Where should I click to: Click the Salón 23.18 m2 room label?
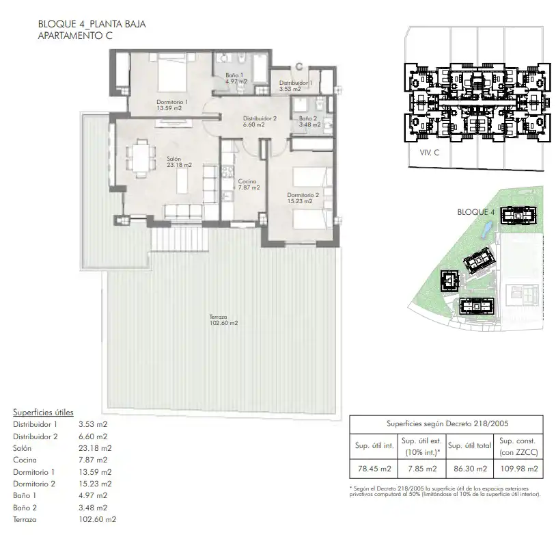pos(180,161)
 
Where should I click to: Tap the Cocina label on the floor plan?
pos(247,181)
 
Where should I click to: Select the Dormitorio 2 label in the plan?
pos(303,195)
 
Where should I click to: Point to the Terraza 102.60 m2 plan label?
pos(223,319)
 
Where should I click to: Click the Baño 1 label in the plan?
pos(234,75)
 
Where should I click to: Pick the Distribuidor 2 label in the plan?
pos(260,118)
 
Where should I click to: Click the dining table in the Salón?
pos(141,159)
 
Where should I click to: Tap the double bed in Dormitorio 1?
pos(172,73)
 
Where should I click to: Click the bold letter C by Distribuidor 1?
pos(299,66)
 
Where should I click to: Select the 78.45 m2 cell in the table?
pos(374,469)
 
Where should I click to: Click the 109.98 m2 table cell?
pos(518,469)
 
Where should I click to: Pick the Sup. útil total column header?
pos(469,445)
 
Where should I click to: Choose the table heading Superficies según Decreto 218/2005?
pos(447,423)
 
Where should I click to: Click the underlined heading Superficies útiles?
pos(43,413)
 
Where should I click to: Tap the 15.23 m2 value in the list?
pos(95,484)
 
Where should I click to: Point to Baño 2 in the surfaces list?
pos(25,508)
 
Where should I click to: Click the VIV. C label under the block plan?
pos(430,153)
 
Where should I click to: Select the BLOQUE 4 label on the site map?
pos(475,212)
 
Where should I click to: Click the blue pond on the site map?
pos(486,229)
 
